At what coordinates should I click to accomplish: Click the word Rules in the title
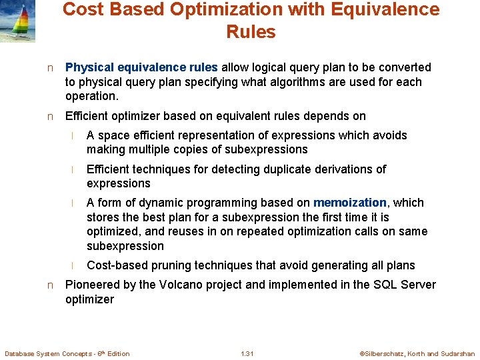(x=251, y=31)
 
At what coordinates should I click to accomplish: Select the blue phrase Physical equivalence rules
(x=141, y=67)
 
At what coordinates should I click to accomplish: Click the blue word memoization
(x=350, y=203)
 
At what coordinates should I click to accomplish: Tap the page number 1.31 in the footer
(x=247, y=353)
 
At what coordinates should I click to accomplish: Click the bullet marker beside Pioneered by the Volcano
(x=50, y=285)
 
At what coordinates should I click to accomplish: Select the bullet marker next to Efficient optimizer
(x=50, y=117)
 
